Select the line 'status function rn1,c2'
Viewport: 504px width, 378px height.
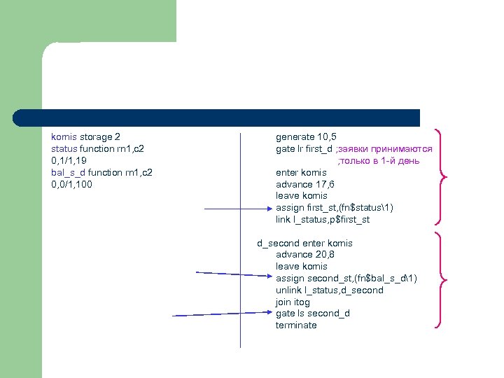pos(97,149)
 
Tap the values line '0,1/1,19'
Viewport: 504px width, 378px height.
pos(69,161)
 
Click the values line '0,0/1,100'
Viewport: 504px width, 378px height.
pos(71,185)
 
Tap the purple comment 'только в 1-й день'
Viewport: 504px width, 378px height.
pos(379,161)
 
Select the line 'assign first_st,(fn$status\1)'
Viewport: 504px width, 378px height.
pos(335,208)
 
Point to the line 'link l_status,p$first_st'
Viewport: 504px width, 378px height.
pos(323,220)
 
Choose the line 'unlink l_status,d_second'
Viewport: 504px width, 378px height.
pos(329,290)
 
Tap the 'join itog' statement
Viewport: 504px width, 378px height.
pos(293,302)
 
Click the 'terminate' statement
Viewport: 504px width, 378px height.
pos(296,325)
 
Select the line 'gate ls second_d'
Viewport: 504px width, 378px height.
pos(312,314)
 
